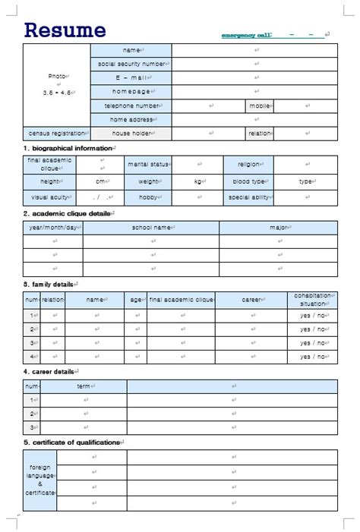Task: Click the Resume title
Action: pos(65,30)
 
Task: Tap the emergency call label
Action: pos(245,35)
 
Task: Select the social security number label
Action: pos(131,65)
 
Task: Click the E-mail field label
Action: pos(131,78)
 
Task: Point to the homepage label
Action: pos(131,92)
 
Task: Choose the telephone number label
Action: pos(131,106)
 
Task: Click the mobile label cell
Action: pos(260,106)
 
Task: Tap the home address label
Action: pos(131,120)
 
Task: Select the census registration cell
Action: pos(57,134)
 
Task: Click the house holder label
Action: pos(131,134)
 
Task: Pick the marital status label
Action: pos(148,164)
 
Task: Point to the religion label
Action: pos(248,164)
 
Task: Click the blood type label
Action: pos(248,181)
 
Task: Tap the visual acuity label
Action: pos(49,197)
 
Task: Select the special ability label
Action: pos(248,197)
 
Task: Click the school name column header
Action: pos(151,228)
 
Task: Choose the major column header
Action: pos(278,228)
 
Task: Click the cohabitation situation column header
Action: pos(312,300)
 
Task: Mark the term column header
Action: pos(84,386)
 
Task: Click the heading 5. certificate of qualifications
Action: pos(72,442)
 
